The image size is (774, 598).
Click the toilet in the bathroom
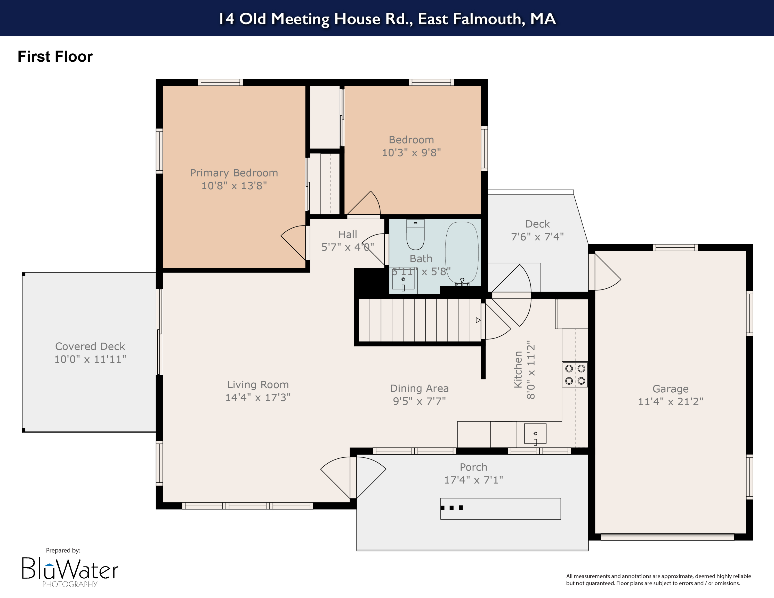(x=415, y=235)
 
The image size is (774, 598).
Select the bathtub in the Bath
(x=462, y=252)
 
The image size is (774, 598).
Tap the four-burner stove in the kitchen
(x=575, y=374)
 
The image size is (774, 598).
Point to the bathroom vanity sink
(x=403, y=280)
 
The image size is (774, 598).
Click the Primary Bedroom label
(x=234, y=173)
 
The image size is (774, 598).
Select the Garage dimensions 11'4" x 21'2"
(x=670, y=401)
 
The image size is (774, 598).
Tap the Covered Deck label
(x=90, y=346)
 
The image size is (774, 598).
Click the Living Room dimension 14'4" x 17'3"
(x=258, y=397)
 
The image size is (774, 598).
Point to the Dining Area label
(x=419, y=388)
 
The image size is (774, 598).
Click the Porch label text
(x=473, y=467)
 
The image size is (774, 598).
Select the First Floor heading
(x=55, y=57)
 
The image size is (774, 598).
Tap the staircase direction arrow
(x=478, y=320)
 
